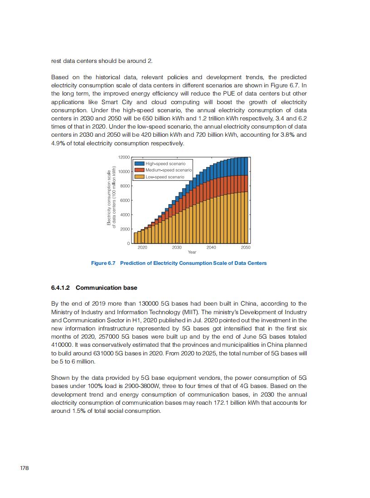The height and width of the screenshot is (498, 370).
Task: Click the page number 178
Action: tap(24, 468)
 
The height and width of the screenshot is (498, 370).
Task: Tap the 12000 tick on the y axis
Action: tap(124, 157)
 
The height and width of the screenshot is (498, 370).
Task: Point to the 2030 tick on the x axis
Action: tap(177, 248)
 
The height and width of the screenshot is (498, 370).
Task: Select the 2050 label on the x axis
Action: tap(245, 248)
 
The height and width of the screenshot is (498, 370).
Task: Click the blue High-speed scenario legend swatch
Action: tap(139, 163)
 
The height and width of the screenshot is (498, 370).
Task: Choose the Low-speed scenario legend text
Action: tap(165, 177)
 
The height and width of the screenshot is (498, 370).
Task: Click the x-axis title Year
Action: tap(192, 252)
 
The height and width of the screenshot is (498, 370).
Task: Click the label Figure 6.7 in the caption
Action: tap(103, 263)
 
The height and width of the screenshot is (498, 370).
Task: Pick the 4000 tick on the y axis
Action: tap(125, 215)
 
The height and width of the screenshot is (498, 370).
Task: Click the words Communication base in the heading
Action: tap(107, 288)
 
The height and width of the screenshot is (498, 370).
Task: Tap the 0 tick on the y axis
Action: tap(128, 244)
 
